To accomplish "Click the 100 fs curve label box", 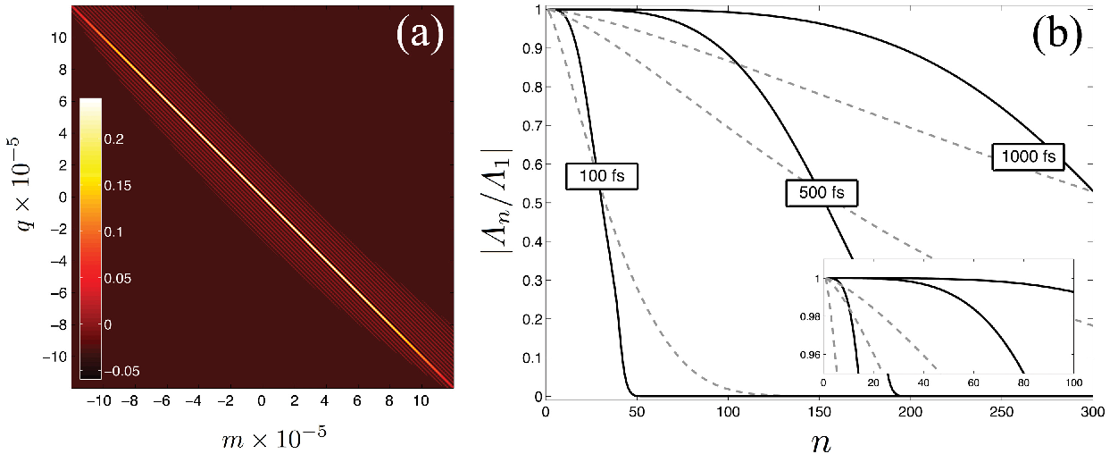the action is coord(602,176).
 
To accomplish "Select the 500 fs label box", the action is coord(822,193).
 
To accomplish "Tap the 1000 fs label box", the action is coord(1028,156).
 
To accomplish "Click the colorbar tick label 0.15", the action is coord(118,186).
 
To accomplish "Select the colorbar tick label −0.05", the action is coord(122,371).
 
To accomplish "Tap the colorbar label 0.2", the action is coord(114,139).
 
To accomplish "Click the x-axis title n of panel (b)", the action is coord(821,442).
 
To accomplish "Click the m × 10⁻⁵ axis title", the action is coord(273,438).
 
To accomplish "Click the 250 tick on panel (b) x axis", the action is coord(1001,413).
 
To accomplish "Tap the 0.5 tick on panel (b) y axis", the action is coord(532,203).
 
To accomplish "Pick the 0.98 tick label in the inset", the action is coord(810,317).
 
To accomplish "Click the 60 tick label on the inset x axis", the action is coord(973,383).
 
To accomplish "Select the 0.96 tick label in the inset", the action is coord(810,356).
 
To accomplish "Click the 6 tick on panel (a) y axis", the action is coord(63,102).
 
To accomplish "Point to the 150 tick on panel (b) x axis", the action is coord(819,413).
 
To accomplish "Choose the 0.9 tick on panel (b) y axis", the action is coord(532,48).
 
